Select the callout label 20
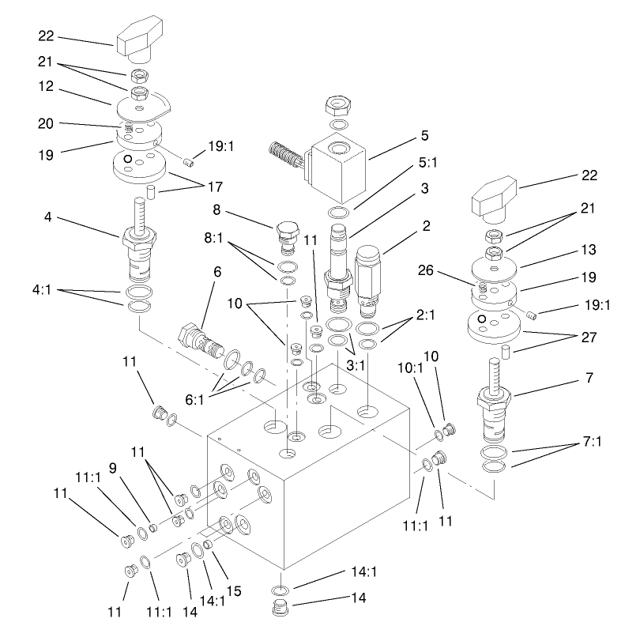tap(47, 123)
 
